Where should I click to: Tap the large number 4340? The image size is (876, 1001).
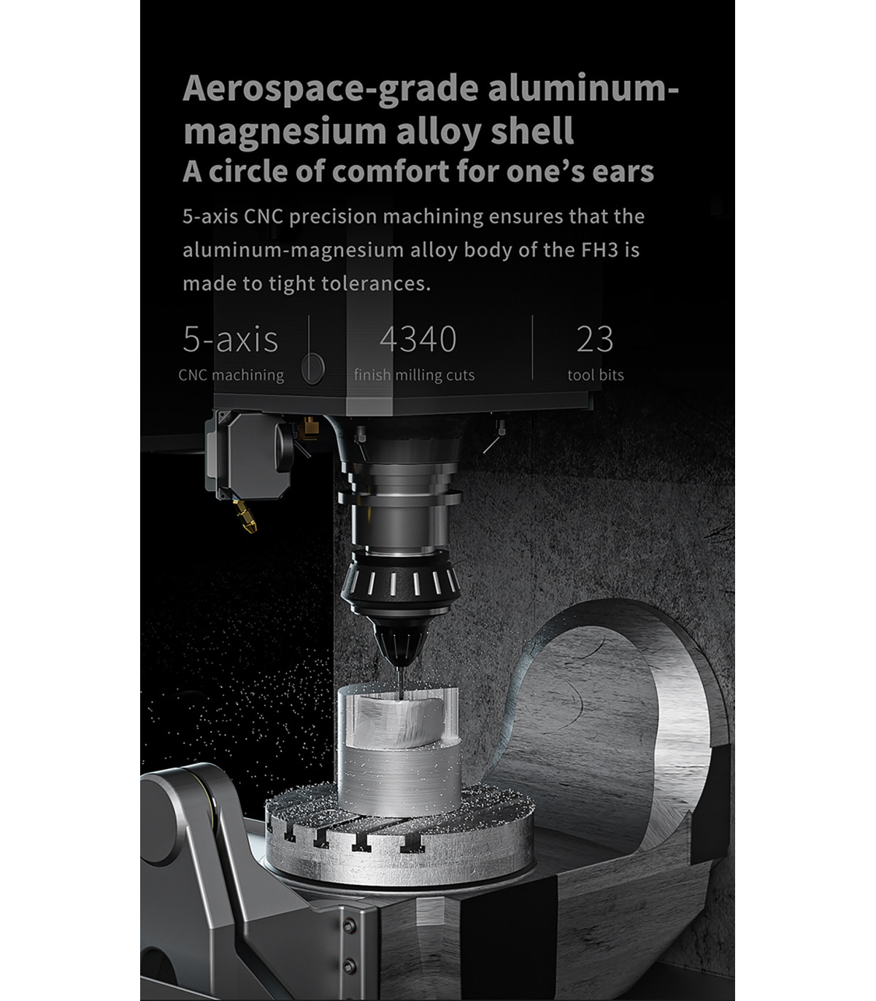pyautogui.click(x=418, y=339)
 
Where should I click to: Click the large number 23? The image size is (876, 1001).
pyautogui.click(x=595, y=339)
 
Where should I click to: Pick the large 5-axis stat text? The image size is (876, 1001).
pyautogui.click(x=230, y=339)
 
